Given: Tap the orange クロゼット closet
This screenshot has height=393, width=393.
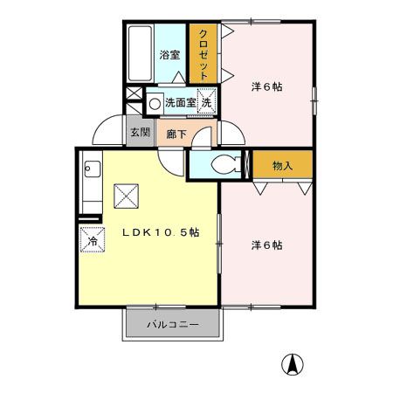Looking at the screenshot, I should point(202,55).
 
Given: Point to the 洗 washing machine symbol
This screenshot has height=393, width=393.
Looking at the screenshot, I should point(207,102).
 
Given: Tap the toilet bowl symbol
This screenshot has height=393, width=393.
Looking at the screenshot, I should point(221,162).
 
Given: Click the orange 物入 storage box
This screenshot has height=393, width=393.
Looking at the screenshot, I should point(281,165).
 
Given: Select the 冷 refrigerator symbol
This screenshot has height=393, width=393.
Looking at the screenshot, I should point(91,238).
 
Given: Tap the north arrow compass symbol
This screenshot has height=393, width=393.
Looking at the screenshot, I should point(294,363).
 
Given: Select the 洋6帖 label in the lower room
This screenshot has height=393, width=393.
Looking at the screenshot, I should point(266,245).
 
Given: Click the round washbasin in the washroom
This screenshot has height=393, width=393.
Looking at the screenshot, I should point(155,103).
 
